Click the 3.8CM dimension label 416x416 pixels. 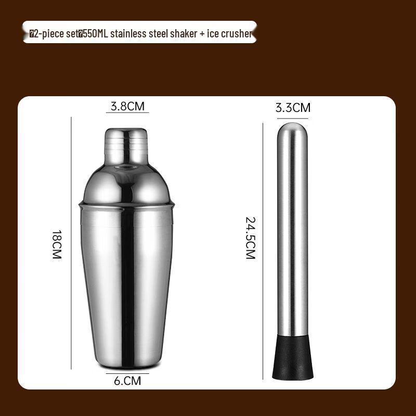tap(127, 106)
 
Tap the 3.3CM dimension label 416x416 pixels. tap(293, 108)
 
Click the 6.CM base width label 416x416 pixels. tap(127, 381)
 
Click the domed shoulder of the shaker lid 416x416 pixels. tap(126, 179)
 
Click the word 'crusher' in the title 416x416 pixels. tap(237, 34)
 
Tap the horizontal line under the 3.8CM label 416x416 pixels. tap(127, 113)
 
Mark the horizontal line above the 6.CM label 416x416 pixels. tap(127, 373)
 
